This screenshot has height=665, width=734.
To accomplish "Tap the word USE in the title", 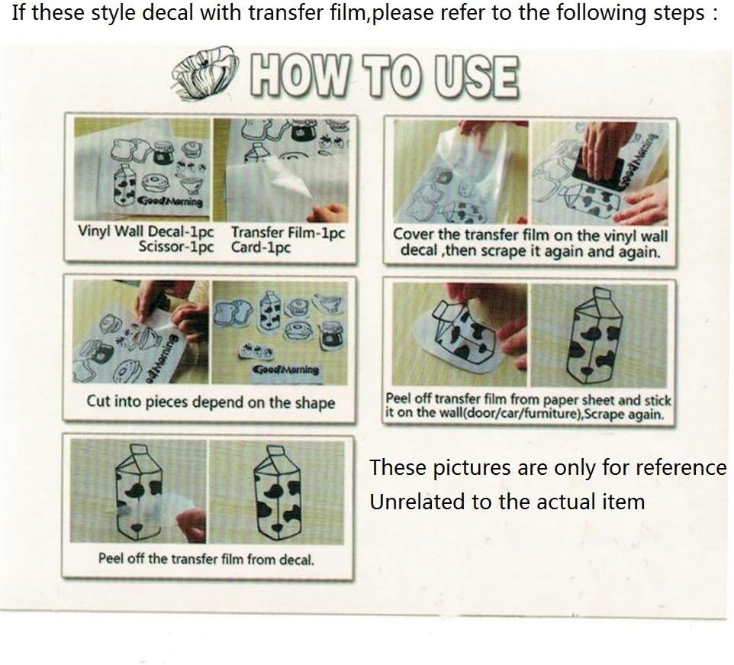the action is tap(477, 77).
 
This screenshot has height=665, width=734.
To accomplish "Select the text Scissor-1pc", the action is tap(176, 247).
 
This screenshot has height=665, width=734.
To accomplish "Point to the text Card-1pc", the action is tap(261, 247).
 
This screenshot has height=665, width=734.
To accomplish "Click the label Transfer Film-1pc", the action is tap(288, 232).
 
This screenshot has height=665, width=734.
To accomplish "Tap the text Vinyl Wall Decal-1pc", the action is tap(146, 231).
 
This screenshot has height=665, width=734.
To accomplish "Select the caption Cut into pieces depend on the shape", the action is tap(211, 402).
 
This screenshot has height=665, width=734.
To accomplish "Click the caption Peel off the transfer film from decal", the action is tap(206, 559).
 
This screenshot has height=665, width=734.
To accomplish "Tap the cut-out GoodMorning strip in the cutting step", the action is tap(285, 370).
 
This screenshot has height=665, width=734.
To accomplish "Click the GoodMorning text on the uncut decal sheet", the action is tap(169, 202).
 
